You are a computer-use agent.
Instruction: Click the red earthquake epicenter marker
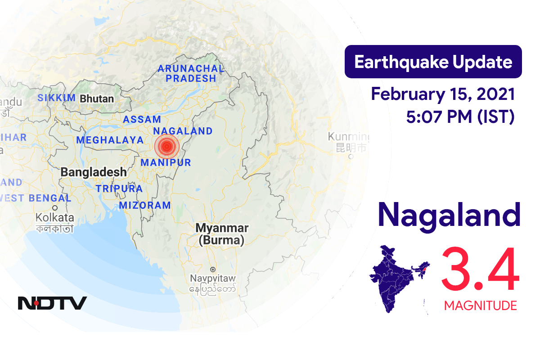(x=167, y=146)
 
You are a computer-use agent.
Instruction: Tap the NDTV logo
(x=52, y=303)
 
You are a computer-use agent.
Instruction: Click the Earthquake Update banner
(x=433, y=62)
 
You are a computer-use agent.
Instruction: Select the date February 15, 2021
(x=443, y=95)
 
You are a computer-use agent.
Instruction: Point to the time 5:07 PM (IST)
(x=460, y=117)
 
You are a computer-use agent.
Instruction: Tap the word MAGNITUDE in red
(x=480, y=306)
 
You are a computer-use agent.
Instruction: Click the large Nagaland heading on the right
(x=449, y=216)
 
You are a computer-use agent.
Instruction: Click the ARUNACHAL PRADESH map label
(x=190, y=73)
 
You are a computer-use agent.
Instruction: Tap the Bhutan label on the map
(x=96, y=98)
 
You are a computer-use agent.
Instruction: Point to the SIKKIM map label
(x=57, y=98)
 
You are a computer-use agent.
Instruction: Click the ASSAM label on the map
(x=142, y=119)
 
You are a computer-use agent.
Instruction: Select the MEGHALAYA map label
(x=110, y=140)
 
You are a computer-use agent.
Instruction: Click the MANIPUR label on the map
(x=166, y=162)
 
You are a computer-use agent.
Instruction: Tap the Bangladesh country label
(x=94, y=172)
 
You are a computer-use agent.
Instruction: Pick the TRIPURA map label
(x=119, y=189)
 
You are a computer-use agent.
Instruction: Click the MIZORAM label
(x=145, y=206)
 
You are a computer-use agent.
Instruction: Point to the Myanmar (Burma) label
(x=222, y=234)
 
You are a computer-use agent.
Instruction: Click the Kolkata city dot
(x=55, y=208)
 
